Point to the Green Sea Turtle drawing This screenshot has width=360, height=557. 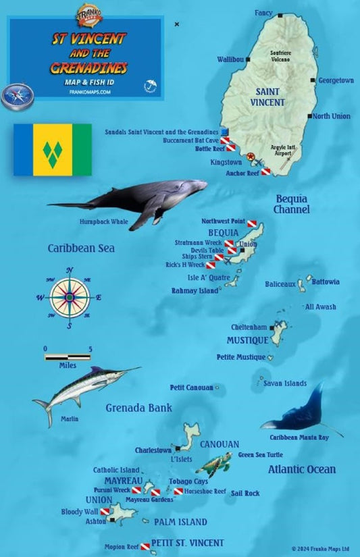(x=218, y=465)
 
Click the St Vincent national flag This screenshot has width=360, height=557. (x=53, y=149)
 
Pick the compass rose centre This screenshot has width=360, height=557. (x=69, y=297)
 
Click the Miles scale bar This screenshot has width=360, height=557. (x=68, y=356)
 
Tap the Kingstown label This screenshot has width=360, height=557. (x=226, y=163)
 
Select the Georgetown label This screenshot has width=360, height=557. (x=336, y=80)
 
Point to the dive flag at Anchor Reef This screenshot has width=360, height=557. (x=266, y=172)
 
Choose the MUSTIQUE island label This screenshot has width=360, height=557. (x=247, y=340)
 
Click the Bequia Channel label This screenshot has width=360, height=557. (x=292, y=204)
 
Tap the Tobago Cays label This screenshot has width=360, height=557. (x=188, y=481)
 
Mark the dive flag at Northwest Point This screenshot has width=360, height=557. (x=252, y=223)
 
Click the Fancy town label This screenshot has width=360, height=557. (x=263, y=13)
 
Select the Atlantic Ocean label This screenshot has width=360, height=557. (x=301, y=469)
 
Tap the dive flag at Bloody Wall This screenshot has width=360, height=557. (x=105, y=512)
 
